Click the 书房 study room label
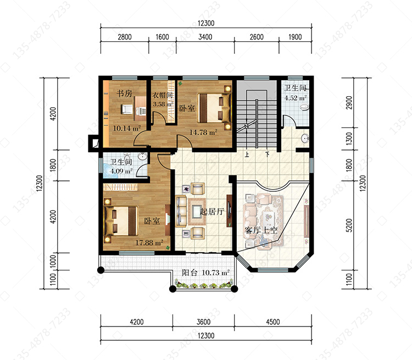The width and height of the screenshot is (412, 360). tap(124, 93)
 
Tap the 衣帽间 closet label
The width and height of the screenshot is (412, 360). tap(163, 95)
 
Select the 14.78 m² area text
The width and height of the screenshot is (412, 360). tap(203, 132)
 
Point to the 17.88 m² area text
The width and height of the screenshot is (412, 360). tap(149, 242)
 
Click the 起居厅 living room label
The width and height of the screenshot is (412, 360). tap(212, 212)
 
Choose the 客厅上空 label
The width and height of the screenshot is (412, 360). tap(261, 230)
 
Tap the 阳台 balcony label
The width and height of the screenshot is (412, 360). tap(190, 273)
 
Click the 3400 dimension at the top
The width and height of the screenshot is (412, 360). tap(205, 37)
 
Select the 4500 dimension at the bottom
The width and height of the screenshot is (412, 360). tap(272, 322)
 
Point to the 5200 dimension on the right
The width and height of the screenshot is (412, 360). tap(349, 225)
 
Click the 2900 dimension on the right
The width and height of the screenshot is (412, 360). tap(349, 103)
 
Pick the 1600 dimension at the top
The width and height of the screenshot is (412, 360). tap(162, 37)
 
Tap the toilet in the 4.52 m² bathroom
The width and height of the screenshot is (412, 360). tap(304, 107)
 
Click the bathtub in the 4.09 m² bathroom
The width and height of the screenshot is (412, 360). tap(110, 171)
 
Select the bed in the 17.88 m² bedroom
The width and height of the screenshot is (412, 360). tap(121, 220)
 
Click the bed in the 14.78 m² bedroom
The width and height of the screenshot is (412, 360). tap(214, 108)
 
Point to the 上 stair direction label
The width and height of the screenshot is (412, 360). tap(247, 154)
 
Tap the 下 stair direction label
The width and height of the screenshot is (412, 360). tap(267, 154)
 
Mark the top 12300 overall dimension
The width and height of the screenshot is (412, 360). tap(206, 23)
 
